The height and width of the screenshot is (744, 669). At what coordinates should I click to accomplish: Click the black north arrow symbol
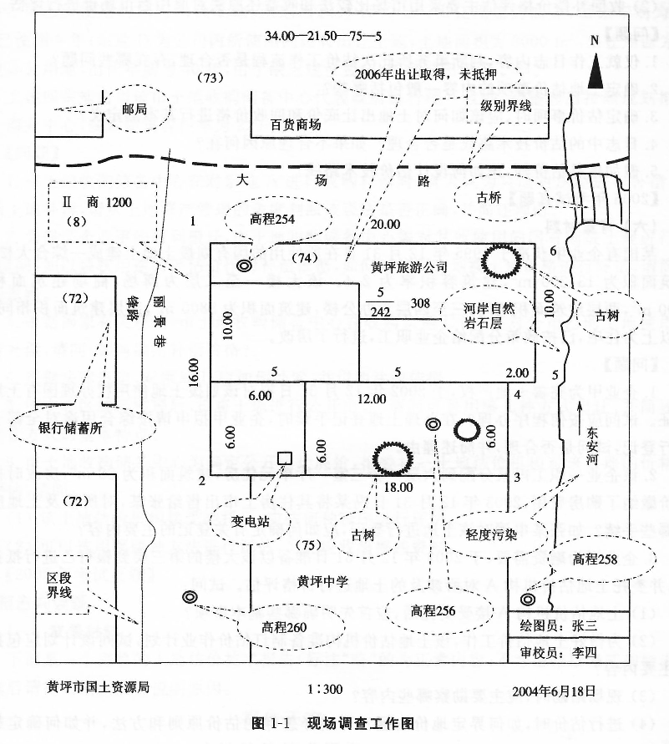pyautogui.click(x=595, y=67)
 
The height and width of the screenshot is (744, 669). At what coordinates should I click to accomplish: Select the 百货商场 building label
pyautogui.click(x=296, y=124)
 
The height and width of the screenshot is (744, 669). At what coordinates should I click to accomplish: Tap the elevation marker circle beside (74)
pyautogui.click(x=244, y=266)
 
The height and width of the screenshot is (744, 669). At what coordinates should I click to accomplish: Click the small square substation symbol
pyautogui.click(x=284, y=458)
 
